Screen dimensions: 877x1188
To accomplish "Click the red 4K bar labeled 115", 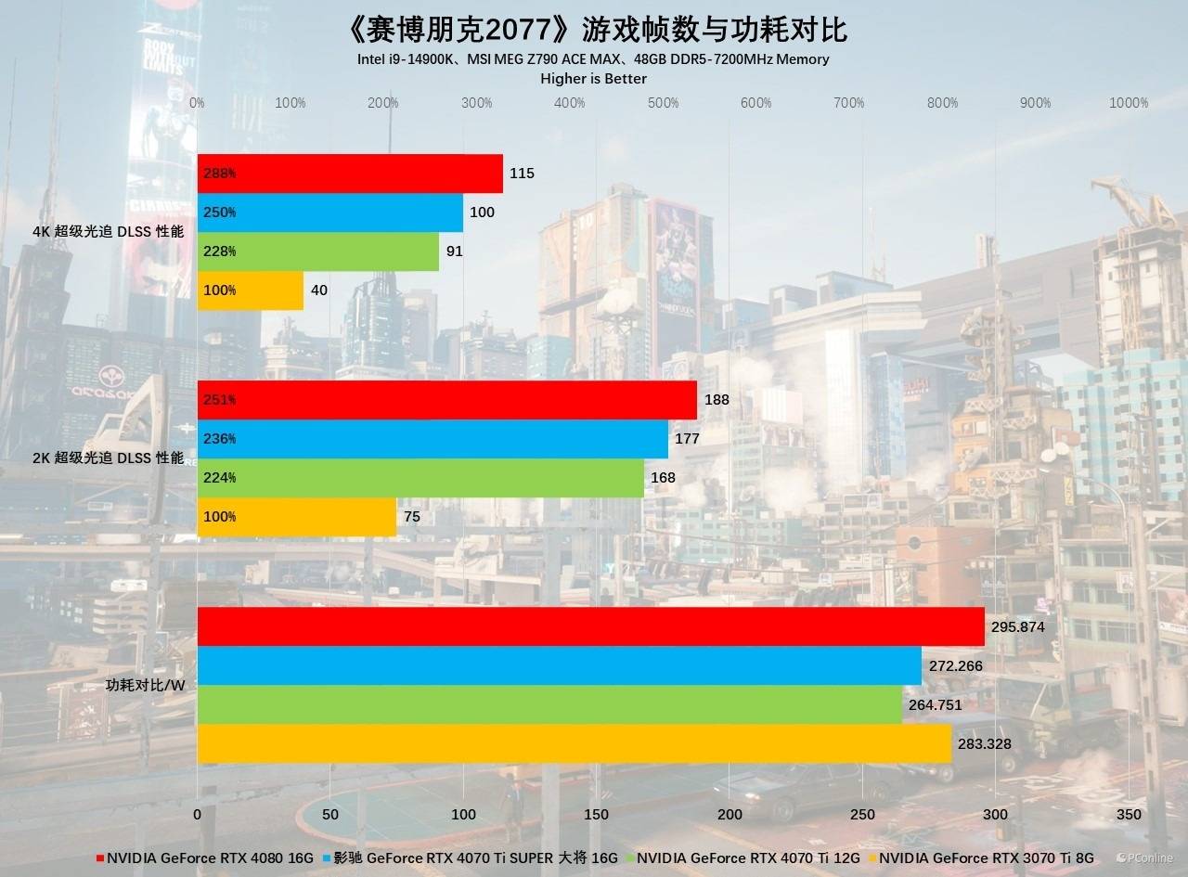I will [x=350, y=174].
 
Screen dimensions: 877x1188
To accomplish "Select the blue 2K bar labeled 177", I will [x=433, y=439].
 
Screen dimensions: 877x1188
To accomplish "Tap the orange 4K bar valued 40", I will [x=251, y=290].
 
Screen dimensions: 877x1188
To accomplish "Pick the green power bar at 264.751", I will [x=549, y=704].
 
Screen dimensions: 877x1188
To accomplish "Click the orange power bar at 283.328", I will [x=574, y=743].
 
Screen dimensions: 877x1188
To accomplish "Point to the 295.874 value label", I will [x=1018, y=626].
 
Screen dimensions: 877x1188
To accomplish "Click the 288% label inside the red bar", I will [x=219, y=174].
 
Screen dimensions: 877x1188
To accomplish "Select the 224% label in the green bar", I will [x=219, y=478].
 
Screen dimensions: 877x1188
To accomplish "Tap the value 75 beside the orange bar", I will [x=412, y=517].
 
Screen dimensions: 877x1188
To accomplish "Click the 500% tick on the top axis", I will [x=664, y=103].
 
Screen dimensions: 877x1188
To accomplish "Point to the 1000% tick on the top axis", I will [x=1129, y=103].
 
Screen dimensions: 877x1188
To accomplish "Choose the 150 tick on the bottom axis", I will [x=597, y=814].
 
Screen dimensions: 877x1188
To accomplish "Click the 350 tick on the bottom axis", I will [x=1129, y=814].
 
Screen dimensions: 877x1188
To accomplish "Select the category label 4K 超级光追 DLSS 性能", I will [x=107, y=231].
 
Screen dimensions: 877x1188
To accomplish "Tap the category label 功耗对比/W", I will [x=146, y=686].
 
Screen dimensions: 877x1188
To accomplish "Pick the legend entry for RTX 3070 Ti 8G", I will [x=986, y=858].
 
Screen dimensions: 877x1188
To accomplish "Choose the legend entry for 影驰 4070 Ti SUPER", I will [x=471, y=858].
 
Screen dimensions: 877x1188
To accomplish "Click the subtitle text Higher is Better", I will [x=593, y=79].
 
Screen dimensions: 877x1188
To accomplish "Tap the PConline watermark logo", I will [x=1144, y=858].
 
